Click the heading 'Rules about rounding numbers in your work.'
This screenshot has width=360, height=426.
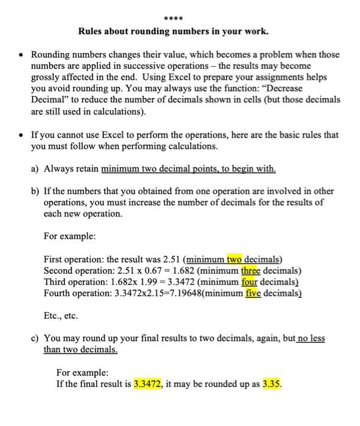pos(180,30)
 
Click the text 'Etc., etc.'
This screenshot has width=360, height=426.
pos(61,316)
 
